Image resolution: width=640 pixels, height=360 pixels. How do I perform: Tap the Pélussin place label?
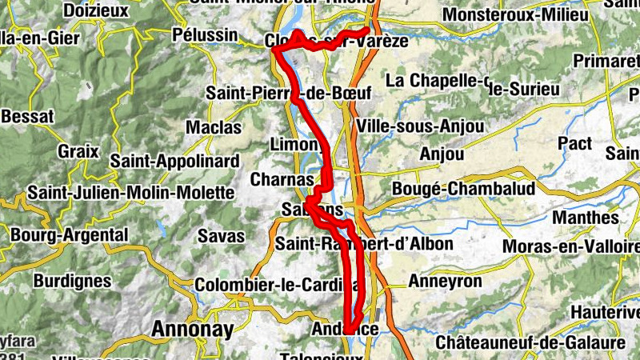[205, 34]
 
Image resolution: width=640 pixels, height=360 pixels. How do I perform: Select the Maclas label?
[213, 126]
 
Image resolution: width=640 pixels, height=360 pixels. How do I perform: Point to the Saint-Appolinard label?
[174, 161]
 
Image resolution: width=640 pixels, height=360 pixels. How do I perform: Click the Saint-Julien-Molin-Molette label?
[133, 193]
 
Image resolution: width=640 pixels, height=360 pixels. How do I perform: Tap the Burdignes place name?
[72, 281]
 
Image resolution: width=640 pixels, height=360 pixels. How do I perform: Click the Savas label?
[215, 236]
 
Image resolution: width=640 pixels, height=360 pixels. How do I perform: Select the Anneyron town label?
[445, 282]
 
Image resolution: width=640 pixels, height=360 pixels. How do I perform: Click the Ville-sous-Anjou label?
[421, 126]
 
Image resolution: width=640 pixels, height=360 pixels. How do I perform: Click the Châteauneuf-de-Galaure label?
[530, 342]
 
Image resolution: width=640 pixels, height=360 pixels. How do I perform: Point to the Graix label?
[78, 150]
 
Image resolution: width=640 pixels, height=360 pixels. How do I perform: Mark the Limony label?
[296, 145]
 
